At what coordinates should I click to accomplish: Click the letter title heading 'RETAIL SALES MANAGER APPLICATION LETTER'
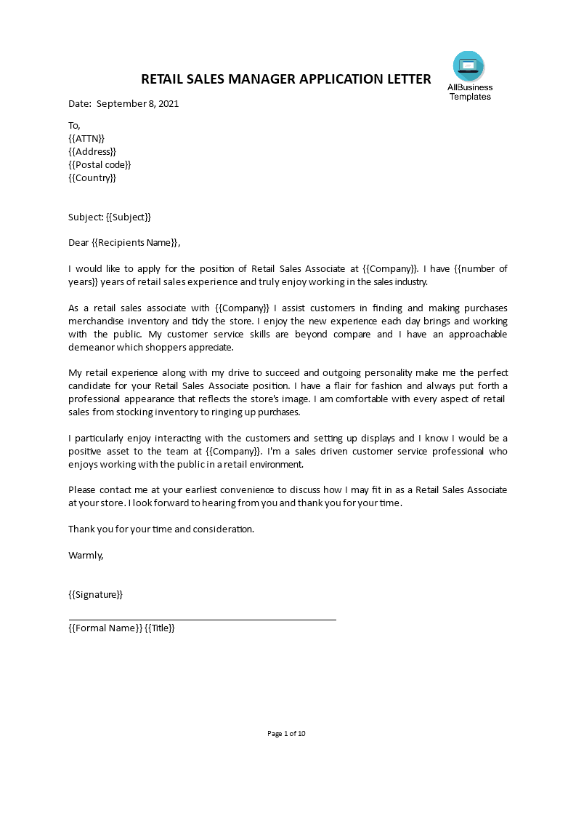(285, 79)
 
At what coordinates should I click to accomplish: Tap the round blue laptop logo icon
(468, 66)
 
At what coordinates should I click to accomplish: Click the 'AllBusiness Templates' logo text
(470, 92)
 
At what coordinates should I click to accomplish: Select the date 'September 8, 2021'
(137, 103)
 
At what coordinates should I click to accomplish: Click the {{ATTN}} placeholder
(86, 138)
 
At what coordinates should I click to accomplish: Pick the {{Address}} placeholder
(92, 151)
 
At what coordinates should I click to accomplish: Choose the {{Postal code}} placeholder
(100, 164)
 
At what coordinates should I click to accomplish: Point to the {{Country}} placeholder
(92, 177)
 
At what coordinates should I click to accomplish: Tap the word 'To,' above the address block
(74, 125)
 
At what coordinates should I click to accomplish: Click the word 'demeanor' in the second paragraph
(91, 347)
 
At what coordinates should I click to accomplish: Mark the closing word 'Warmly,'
(86, 555)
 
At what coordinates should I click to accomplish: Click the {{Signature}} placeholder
(95, 594)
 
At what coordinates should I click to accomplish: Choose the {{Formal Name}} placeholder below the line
(105, 628)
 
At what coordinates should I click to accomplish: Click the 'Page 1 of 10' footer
(287, 733)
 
